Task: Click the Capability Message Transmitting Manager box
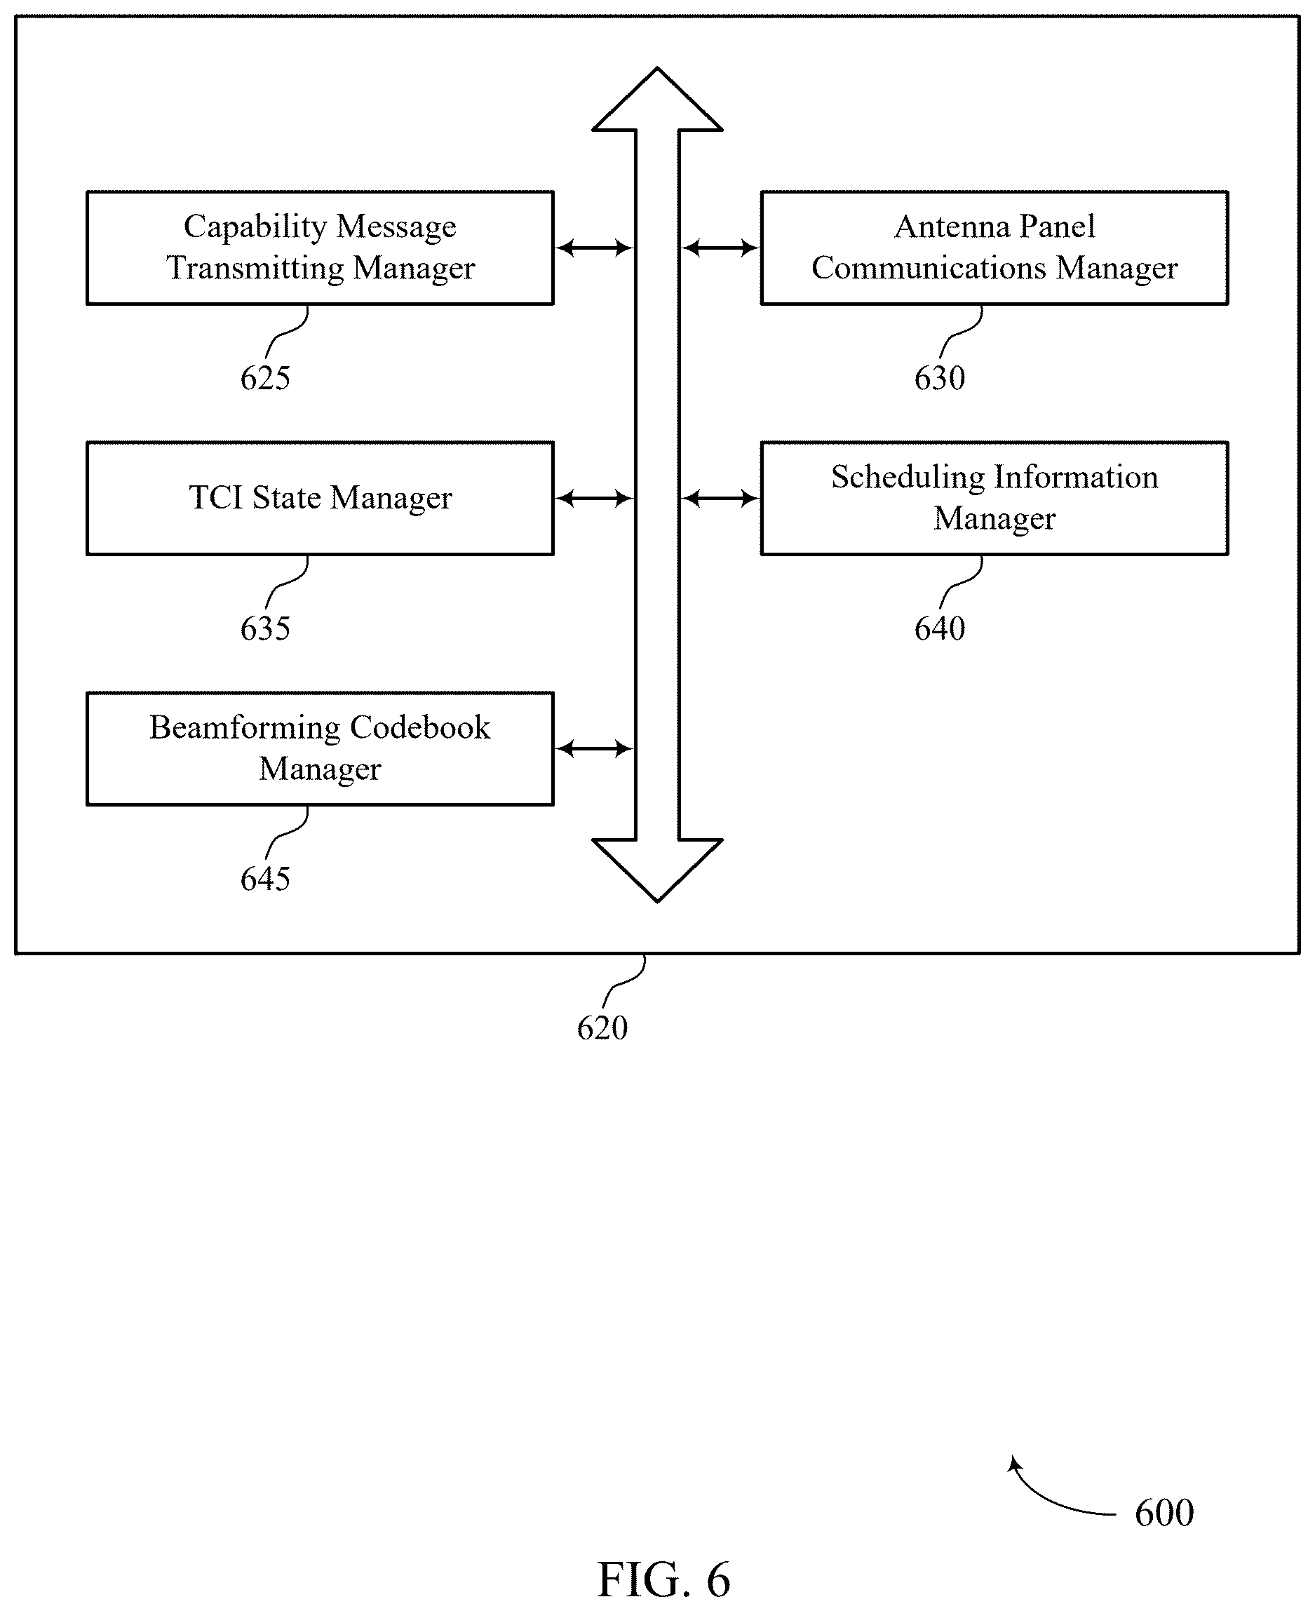click(x=321, y=248)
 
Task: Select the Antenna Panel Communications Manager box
click(x=994, y=248)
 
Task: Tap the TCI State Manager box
click(x=321, y=499)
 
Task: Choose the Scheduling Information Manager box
click(x=994, y=499)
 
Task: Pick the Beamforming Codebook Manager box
click(x=321, y=748)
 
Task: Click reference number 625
click(x=265, y=378)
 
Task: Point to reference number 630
click(x=939, y=378)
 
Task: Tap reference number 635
click(x=265, y=628)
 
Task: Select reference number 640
click(x=939, y=628)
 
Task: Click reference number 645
click(x=265, y=879)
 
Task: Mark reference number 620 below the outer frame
click(x=602, y=1027)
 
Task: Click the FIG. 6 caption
click(x=663, y=1580)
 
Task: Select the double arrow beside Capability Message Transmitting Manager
click(x=595, y=248)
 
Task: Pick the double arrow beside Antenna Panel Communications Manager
click(x=720, y=248)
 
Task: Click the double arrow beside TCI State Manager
click(x=595, y=499)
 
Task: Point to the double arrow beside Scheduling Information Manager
click(x=720, y=499)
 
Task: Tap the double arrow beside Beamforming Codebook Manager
click(x=595, y=749)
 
